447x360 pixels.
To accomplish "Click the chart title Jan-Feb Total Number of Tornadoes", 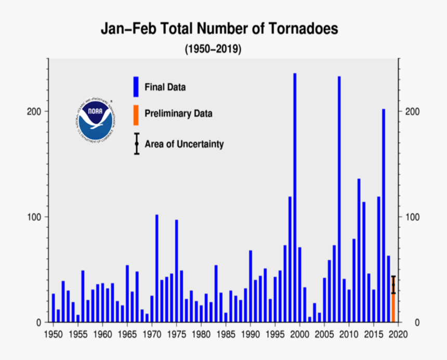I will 219,29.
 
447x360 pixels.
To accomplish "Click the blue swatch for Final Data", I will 136,87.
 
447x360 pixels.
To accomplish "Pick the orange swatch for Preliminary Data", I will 136,115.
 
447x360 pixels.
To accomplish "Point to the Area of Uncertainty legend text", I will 184,144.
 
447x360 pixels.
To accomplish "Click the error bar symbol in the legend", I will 136,144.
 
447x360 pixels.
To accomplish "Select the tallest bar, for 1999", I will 295,197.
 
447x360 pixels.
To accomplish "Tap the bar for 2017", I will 384,215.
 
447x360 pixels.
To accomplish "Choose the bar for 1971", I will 156,268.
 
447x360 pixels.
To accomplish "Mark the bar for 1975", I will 176,271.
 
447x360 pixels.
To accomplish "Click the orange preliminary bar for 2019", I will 393,306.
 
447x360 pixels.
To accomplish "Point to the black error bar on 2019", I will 393,284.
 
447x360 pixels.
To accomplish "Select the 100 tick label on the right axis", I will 412,217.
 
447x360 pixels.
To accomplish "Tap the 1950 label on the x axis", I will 53,333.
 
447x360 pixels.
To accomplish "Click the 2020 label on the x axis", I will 398,333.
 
